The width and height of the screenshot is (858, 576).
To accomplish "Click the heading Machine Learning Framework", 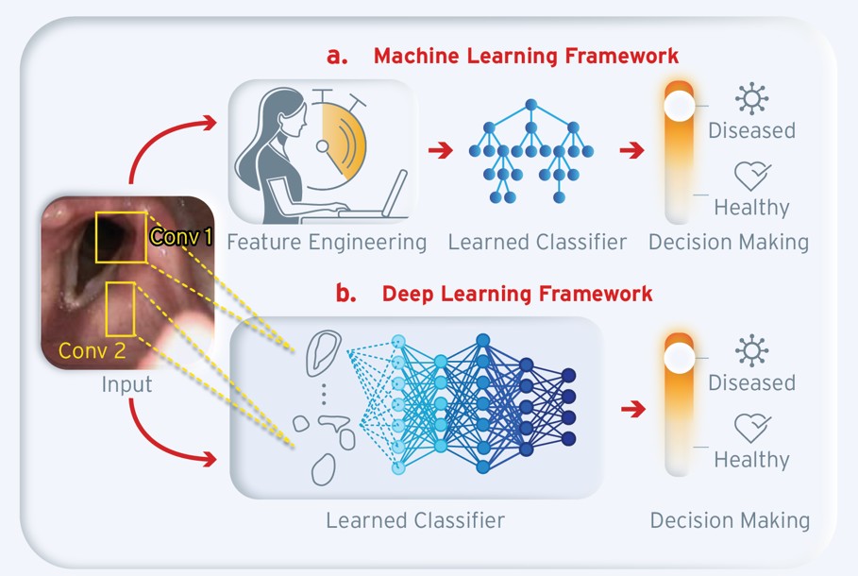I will click(526, 56).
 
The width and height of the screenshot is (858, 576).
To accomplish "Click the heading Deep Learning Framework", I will click(516, 294).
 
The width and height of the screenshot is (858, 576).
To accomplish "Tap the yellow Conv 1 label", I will click(180, 237).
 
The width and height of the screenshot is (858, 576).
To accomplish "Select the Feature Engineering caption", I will click(327, 243).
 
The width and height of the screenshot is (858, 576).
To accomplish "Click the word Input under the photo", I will click(126, 385).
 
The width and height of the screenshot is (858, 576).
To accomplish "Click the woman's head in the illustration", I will click(285, 116).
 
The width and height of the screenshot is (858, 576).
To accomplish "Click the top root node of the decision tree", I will click(530, 104).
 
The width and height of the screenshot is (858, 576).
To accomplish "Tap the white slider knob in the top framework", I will click(677, 105).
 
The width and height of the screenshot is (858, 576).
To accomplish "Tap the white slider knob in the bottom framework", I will click(677, 358).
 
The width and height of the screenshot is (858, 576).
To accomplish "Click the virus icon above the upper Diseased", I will click(752, 98).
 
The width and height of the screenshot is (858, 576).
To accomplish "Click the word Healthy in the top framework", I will click(751, 207).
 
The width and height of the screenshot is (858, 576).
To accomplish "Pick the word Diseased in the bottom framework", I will click(751, 382).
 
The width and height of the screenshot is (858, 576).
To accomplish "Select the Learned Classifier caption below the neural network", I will click(415, 520).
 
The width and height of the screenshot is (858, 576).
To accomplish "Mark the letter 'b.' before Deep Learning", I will click(346, 294).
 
